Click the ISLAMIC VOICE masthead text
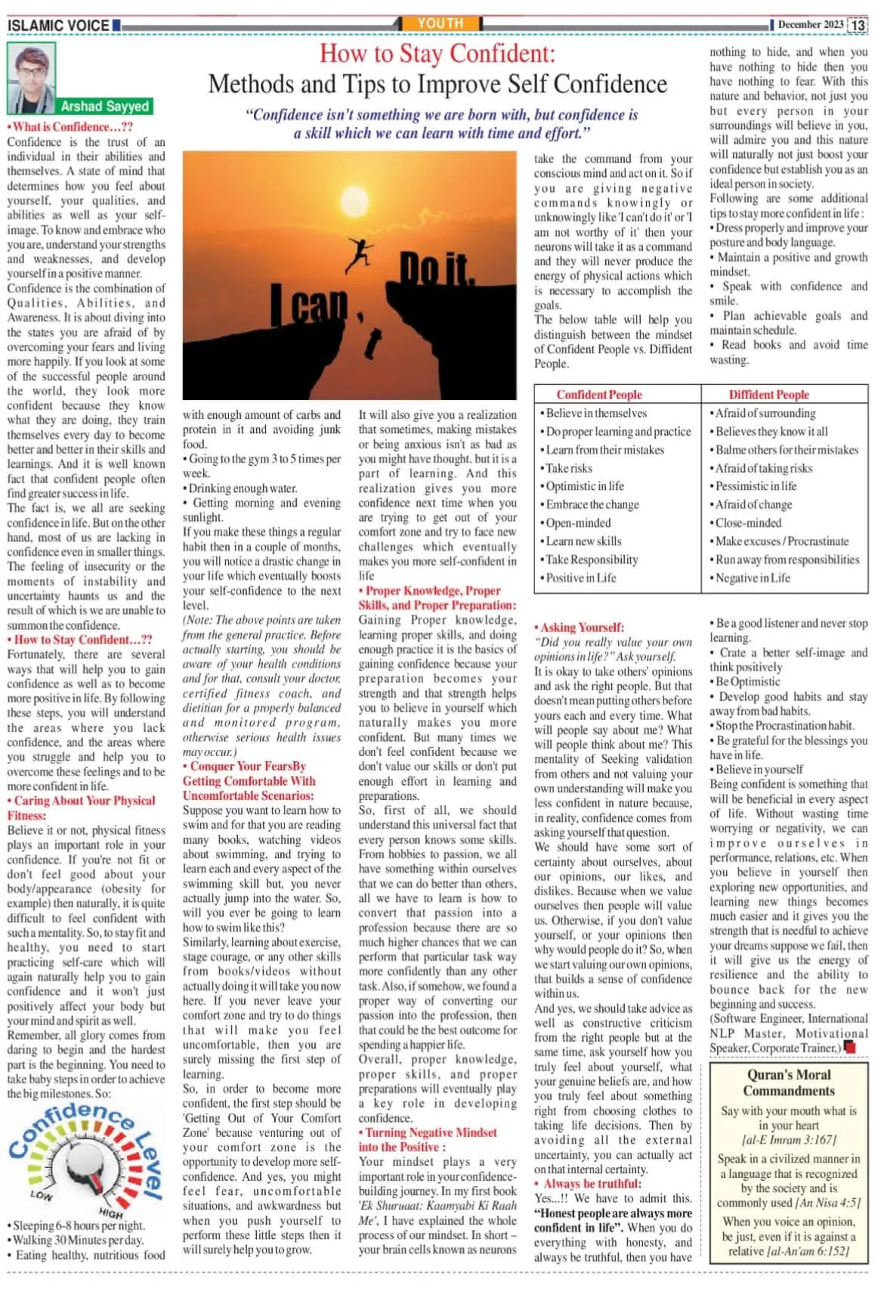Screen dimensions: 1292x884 (x=58, y=25)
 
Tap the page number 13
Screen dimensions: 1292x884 (x=857, y=25)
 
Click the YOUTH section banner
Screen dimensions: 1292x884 (x=440, y=23)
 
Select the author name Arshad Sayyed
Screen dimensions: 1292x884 (x=105, y=106)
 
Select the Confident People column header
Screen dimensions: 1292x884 (x=599, y=395)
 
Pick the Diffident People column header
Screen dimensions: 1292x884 (x=768, y=395)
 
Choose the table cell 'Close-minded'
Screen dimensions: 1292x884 (x=748, y=522)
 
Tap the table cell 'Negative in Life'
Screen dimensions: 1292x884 (x=753, y=578)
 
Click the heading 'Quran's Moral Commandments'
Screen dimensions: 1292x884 (x=789, y=1083)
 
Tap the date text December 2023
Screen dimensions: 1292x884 (x=810, y=24)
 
